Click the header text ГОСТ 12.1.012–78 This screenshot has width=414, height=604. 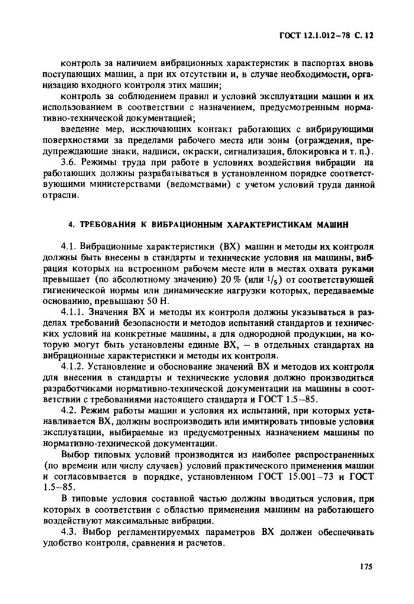click(x=312, y=35)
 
